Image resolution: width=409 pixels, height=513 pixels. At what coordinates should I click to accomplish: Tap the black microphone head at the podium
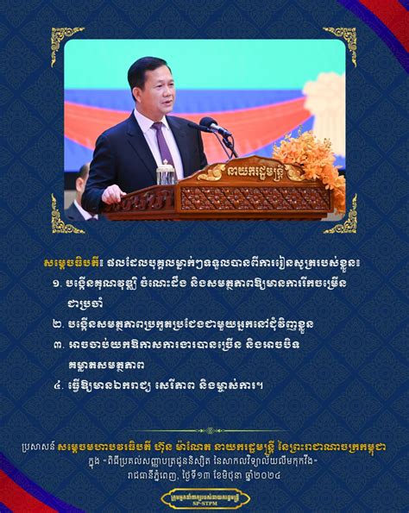(209, 125)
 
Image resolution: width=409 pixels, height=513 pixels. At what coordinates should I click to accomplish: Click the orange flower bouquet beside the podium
(321, 164)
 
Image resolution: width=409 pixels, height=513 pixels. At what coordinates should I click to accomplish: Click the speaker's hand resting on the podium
(113, 194)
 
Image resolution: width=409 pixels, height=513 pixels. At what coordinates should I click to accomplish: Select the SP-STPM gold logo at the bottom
(204, 498)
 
